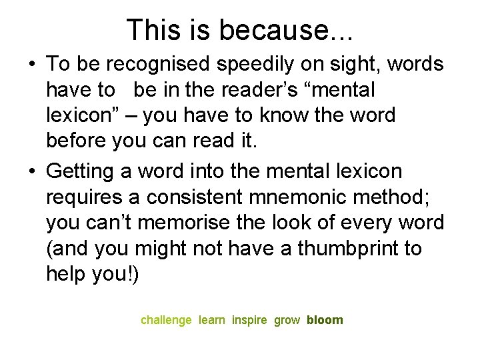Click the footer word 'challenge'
point(166,320)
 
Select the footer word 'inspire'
point(249,320)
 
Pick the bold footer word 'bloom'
point(325,320)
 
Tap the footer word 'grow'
point(287,320)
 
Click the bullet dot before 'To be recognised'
point(32,65)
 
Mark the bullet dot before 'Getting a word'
point(32,172)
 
